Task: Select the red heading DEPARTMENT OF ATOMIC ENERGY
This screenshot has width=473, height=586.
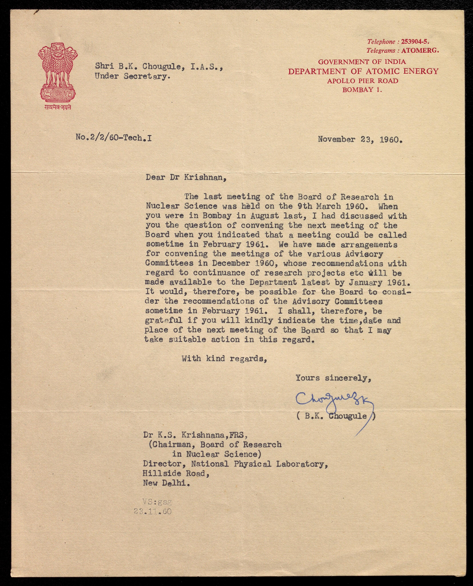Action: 363,71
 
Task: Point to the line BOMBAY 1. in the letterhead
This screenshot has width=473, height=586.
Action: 362,90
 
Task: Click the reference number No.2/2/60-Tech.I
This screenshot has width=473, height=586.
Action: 114,138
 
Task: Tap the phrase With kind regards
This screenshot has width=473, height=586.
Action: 224,359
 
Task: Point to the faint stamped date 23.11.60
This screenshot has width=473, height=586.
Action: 153,511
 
